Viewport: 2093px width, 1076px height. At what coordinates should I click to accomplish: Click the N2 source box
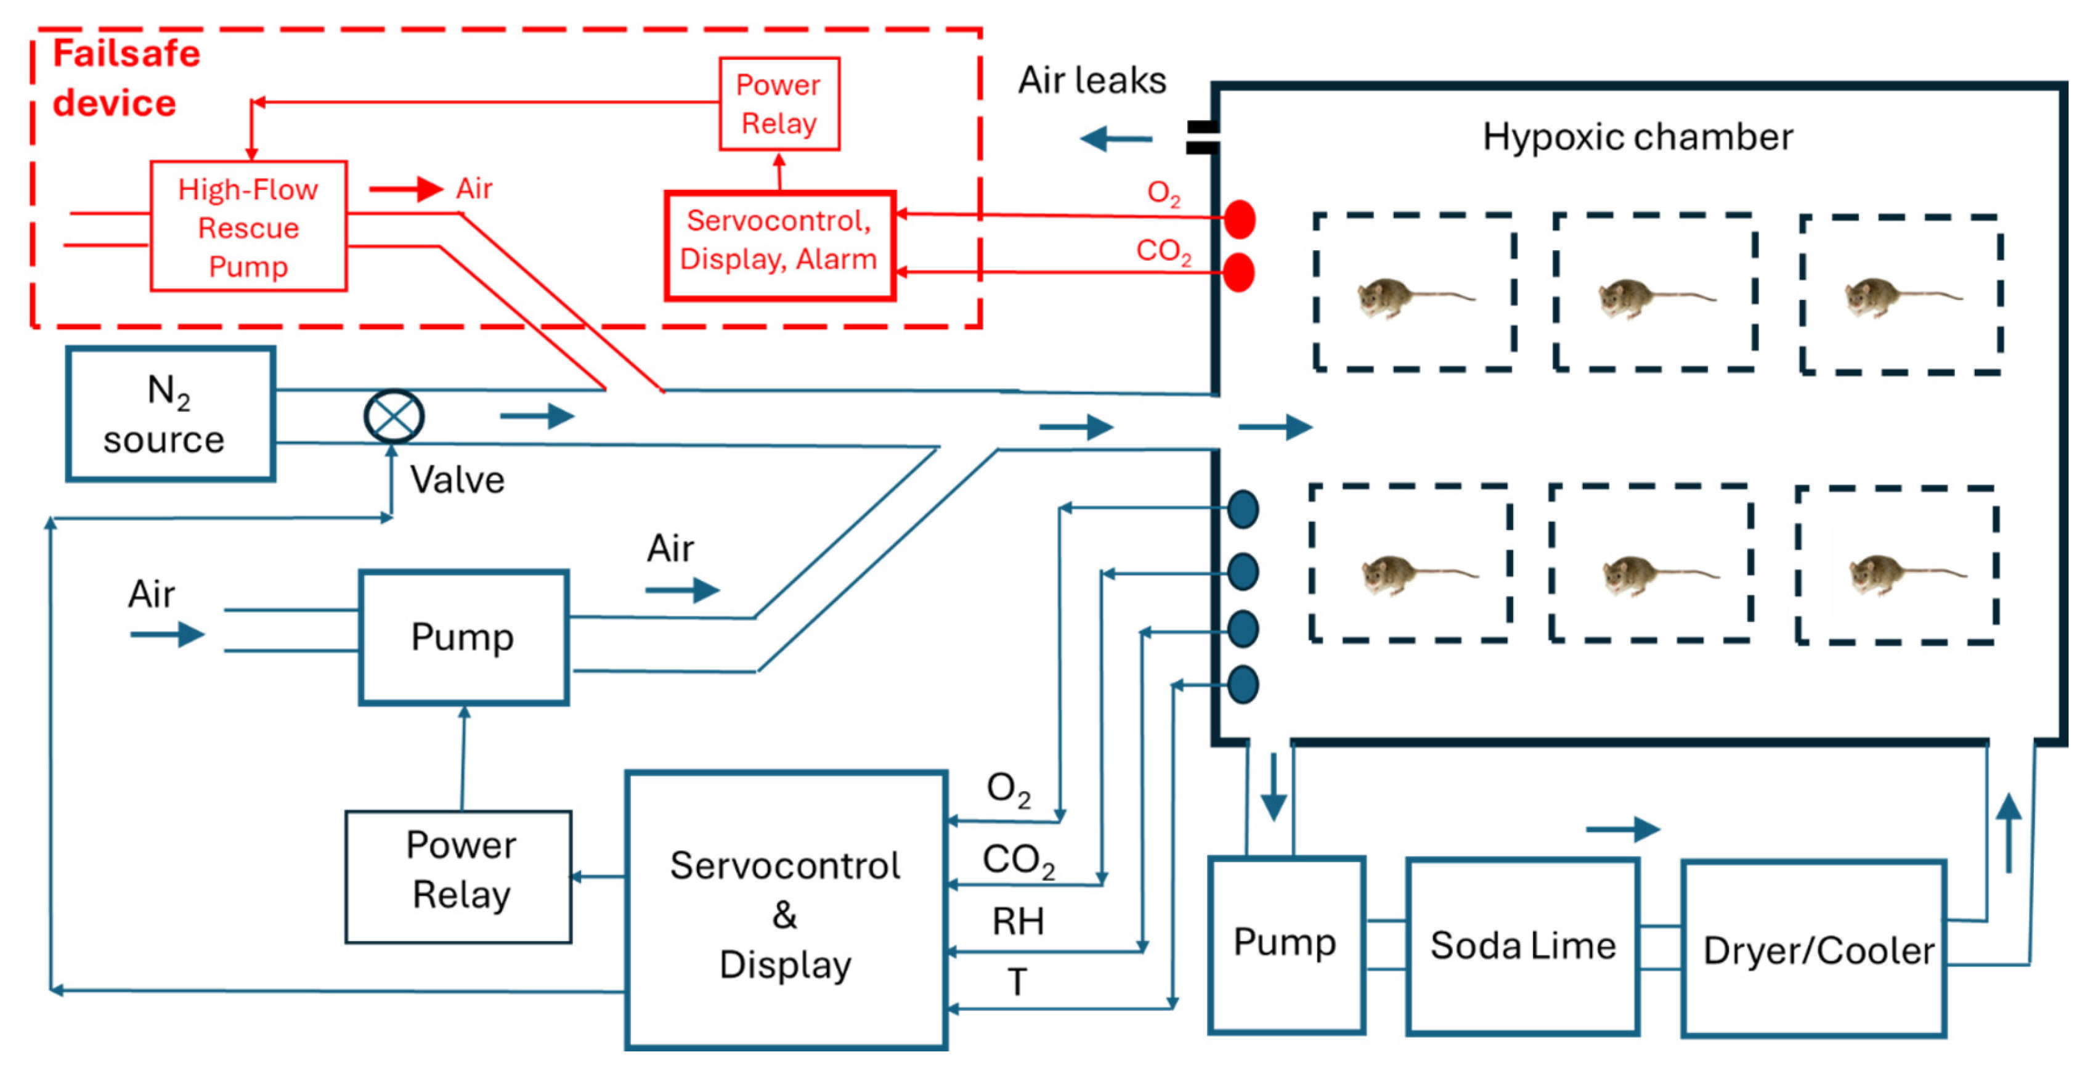tap(170, 415)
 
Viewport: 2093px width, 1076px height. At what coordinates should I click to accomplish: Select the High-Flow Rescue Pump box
tap(249, 227)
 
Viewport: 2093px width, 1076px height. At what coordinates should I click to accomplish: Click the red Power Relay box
tap(778, 104)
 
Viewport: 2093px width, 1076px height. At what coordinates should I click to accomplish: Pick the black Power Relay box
tap(459, 876)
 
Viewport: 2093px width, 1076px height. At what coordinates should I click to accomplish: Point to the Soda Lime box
tap(1522, 947)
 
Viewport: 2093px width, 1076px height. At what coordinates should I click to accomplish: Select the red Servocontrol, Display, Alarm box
tap(779, 245)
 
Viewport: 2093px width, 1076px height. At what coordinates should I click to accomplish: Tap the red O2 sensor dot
tap(1240, 219)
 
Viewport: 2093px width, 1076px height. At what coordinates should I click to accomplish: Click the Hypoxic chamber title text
tap(1637, 137)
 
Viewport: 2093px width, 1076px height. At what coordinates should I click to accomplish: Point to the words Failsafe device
tap(126, 78)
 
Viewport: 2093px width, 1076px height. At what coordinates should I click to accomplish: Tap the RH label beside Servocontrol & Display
tap(1017, 921)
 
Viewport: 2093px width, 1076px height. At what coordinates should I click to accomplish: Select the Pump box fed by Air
tap(463, 637)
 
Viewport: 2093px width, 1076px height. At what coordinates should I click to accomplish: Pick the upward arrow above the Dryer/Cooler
tap(2009, 833)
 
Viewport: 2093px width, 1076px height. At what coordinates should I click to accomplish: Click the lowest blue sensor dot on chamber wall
tap(1243, 684)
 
